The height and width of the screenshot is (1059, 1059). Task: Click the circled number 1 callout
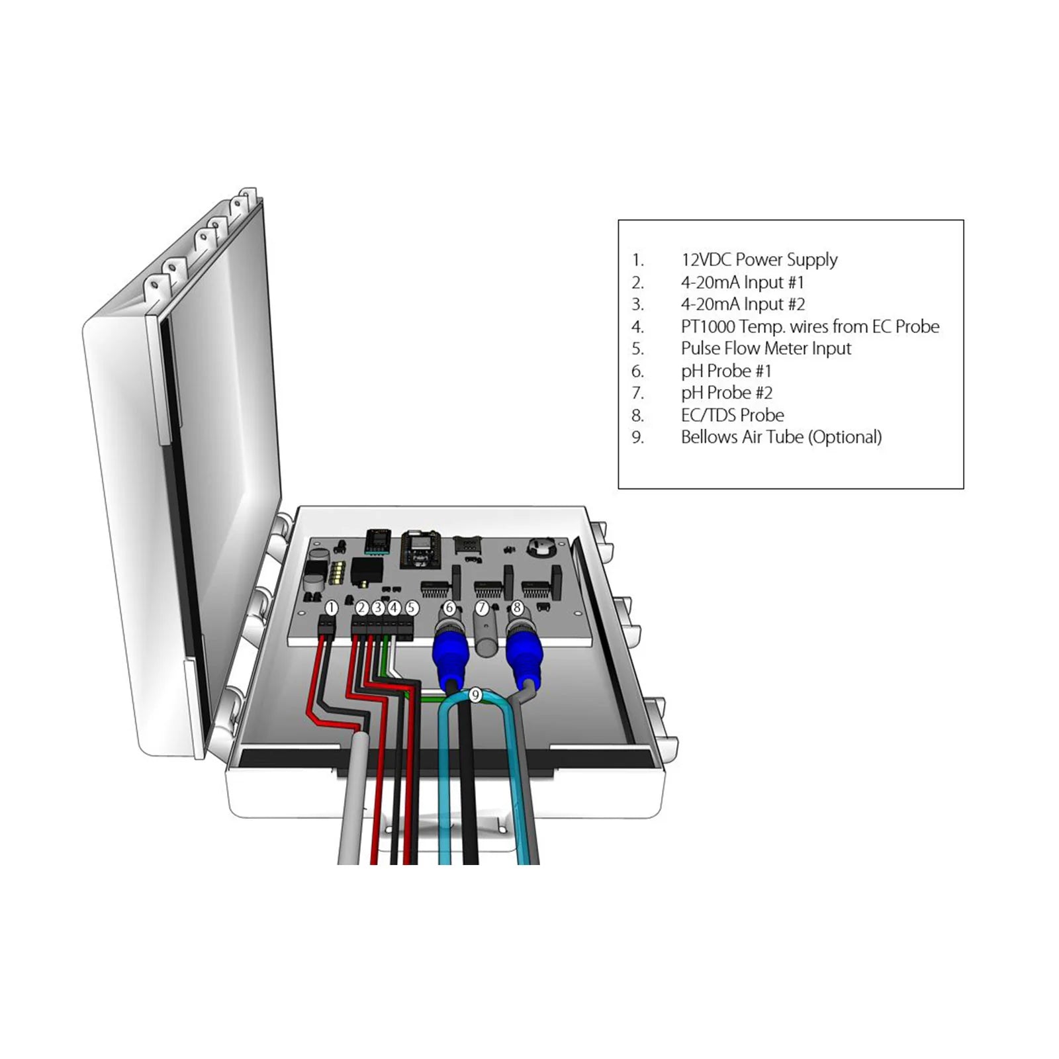(332, 608)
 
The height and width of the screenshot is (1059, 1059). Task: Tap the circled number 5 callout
(411, 608)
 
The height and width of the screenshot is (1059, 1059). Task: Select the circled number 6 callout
(449, 608)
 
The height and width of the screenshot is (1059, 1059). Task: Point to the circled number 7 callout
(482, 608)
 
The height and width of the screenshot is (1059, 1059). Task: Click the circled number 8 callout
(517, 608)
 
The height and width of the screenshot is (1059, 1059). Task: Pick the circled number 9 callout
(475, 695)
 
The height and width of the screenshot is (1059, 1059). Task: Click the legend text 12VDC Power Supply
(759, 259)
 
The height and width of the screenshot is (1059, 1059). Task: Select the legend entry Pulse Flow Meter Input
(766, 348)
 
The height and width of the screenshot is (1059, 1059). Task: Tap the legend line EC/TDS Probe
(732, 415)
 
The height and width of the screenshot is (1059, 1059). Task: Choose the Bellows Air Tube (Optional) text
(781, 437)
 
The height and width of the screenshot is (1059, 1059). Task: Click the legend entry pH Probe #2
(726, 392)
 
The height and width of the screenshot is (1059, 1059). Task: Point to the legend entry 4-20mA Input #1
(742, 282)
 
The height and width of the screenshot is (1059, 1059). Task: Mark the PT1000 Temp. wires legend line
(809, 326)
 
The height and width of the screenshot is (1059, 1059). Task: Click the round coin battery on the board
(540, 547)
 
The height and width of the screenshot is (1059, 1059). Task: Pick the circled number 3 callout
(378, 608)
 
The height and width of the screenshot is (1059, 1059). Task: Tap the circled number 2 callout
(361, 608)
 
